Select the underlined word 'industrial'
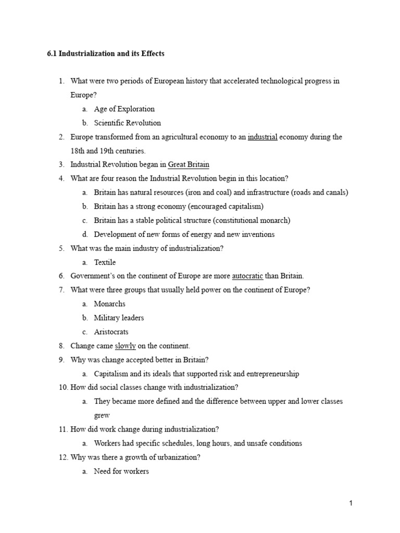262,137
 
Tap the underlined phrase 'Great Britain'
189,165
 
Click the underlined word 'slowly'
125,346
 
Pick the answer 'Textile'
105,262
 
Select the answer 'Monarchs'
110,304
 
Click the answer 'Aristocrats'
111,332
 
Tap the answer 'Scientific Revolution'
128,123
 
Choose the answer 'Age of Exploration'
124,109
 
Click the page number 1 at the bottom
351,503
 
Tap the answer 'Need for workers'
121,472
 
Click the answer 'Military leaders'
119,318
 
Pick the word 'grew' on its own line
102,416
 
